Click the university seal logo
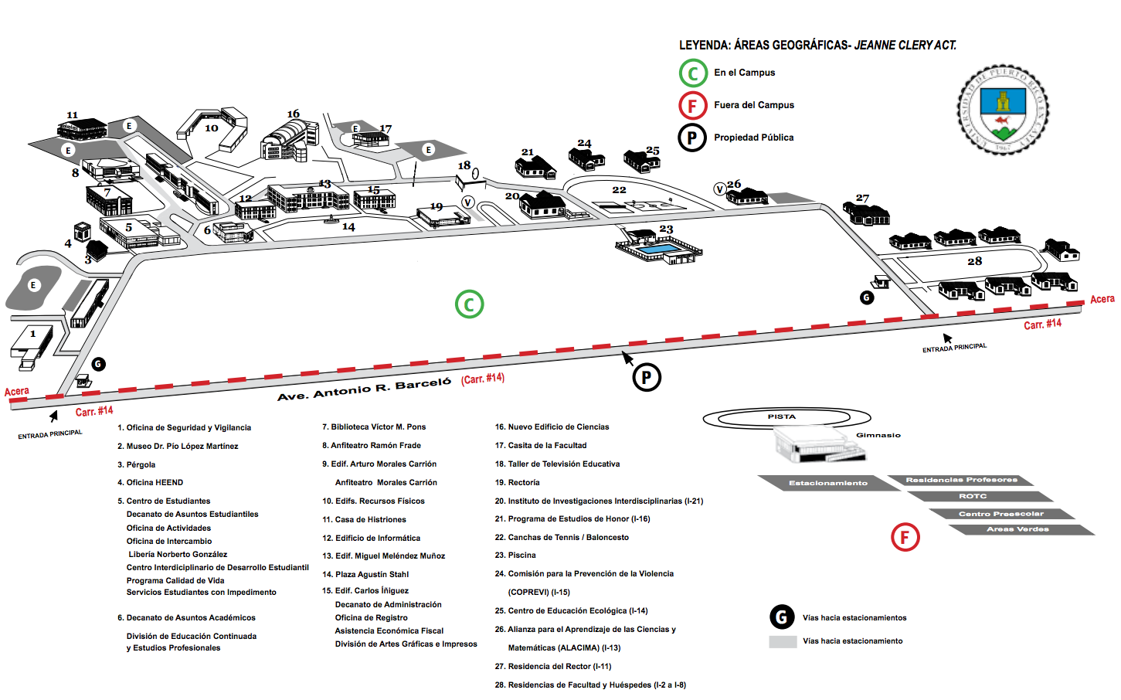(1003, 110)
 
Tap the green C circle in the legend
(693, 73)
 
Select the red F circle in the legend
(693, 106)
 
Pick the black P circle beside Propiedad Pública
(692, 138)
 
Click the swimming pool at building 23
(658, 250)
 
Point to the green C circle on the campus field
(469, 304)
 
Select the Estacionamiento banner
(827, 483)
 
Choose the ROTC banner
(973, 496)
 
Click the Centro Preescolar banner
(1001, 514)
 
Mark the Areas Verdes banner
(1017, 529)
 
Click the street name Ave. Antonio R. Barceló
(364, 389)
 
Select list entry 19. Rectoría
(517, 482)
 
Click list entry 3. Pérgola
(136, 464)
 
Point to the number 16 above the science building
(294, 114)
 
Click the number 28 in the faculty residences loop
(975, 262)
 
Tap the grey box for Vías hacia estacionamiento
(783, 641)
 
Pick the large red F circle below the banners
(905, 537)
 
